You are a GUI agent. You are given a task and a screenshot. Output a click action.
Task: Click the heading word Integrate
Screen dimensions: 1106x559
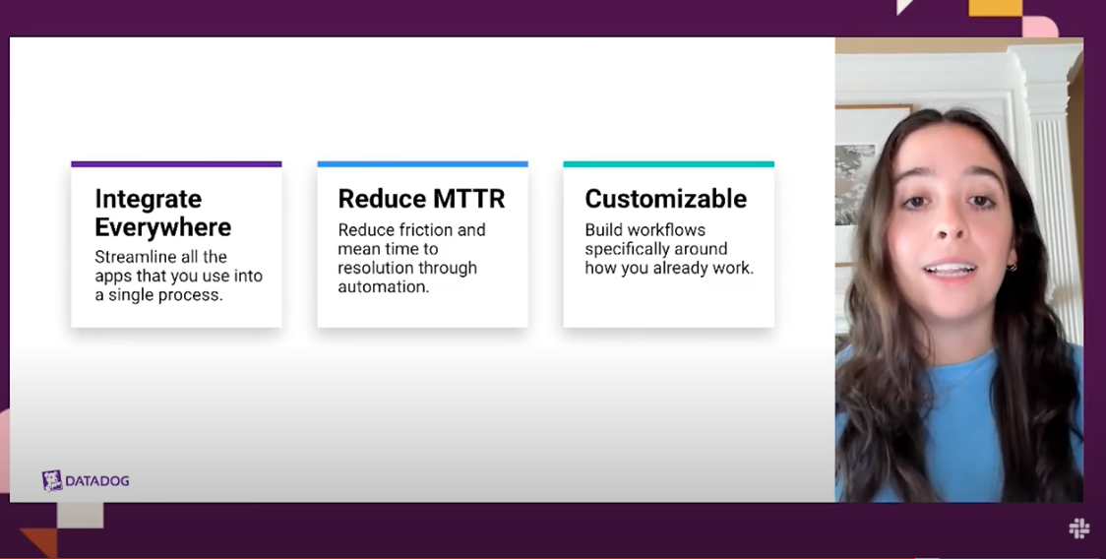point(149,199)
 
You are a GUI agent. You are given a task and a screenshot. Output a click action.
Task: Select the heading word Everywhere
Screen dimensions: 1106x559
point(163,227)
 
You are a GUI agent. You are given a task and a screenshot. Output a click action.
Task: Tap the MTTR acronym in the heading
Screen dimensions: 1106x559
point(469,199)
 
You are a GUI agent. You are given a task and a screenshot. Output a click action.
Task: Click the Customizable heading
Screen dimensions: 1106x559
point(666,199)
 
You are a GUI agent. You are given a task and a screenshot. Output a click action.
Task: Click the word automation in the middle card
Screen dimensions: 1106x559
point(382,287)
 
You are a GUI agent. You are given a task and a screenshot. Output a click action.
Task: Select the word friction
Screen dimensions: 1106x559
point(424,230)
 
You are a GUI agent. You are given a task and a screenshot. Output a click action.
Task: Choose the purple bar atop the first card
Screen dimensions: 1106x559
point(176,164)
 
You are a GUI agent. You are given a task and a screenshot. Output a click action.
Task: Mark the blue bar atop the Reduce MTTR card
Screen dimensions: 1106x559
point(422,164)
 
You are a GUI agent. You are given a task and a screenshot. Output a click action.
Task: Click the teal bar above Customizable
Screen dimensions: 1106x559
point(669,164)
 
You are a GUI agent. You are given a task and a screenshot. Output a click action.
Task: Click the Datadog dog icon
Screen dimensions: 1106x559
point(51,480)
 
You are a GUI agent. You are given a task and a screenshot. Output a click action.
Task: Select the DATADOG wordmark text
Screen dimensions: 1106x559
point(97,481)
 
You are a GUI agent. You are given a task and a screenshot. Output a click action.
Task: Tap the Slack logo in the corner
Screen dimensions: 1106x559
point(1079,528)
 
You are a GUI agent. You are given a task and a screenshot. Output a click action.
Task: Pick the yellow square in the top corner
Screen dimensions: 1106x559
point(995,8)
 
